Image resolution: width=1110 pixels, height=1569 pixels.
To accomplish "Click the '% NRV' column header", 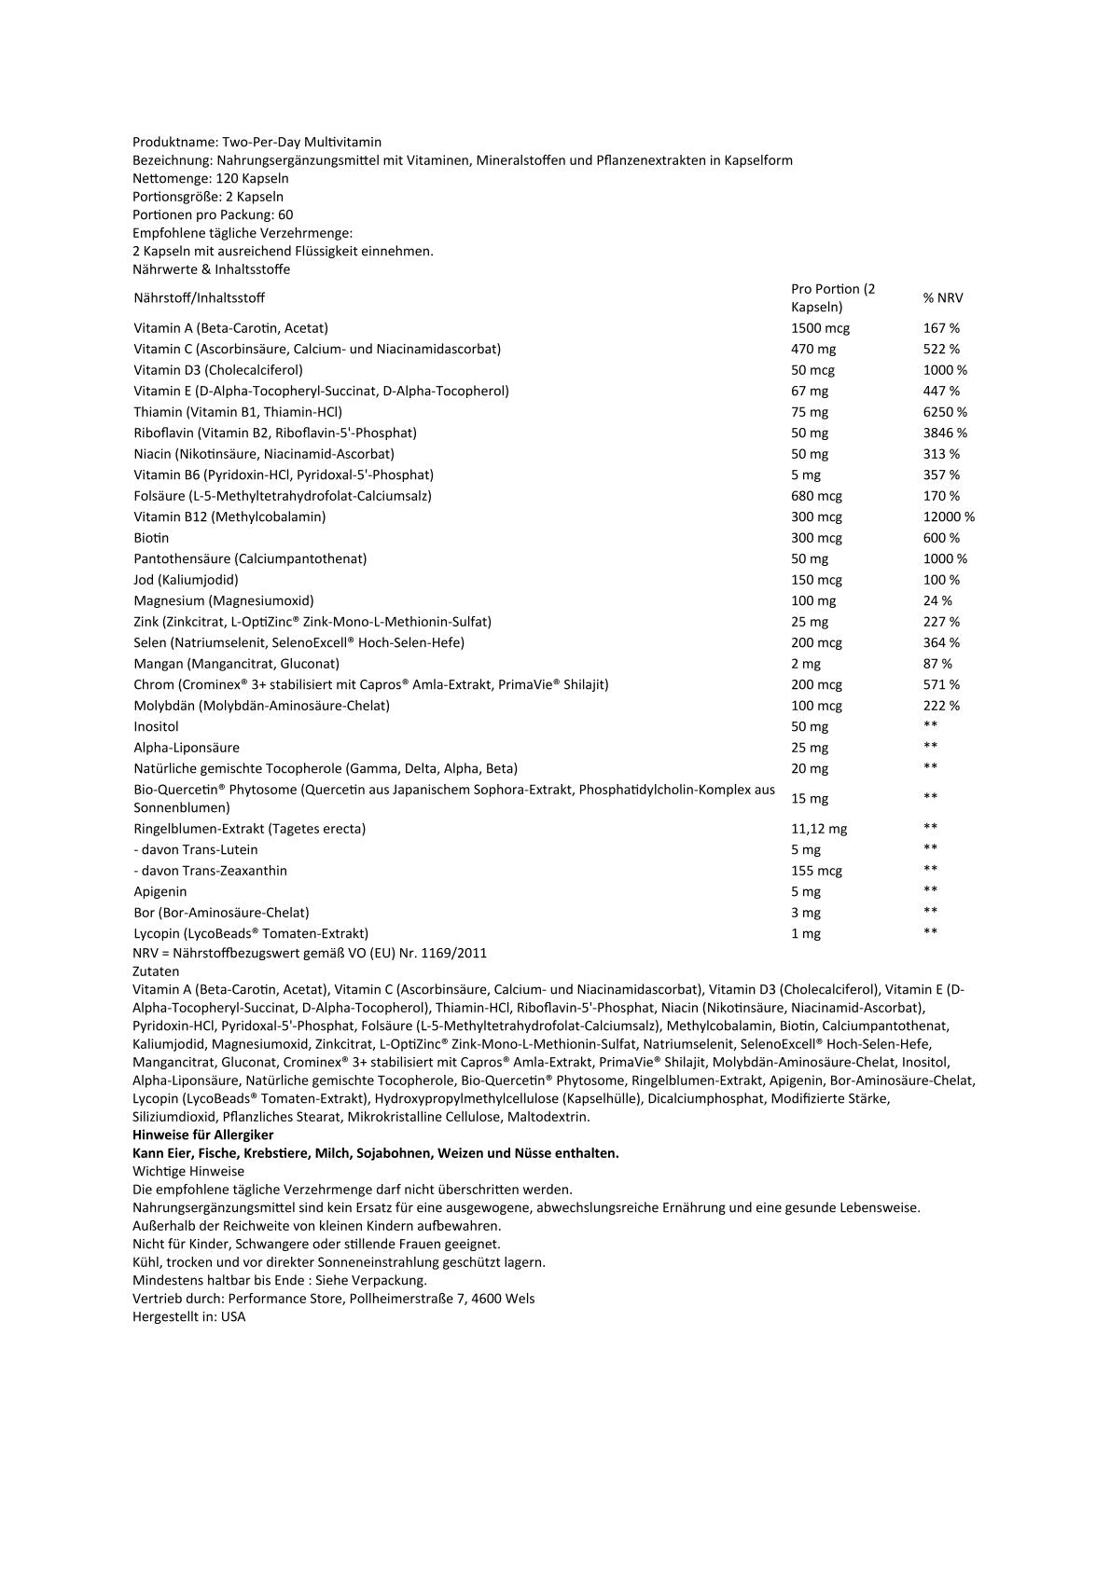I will click(943, 298).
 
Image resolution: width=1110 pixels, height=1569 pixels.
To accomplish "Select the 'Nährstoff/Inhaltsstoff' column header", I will click(199, 298).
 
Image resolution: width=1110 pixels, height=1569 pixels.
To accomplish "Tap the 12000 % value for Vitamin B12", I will click(949, 516).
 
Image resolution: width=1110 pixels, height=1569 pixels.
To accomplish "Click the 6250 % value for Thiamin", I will click(945, 412).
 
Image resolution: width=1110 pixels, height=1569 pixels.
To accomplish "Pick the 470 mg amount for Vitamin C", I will click(813, 349).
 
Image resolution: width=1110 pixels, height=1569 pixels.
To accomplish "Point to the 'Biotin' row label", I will click(151, 538).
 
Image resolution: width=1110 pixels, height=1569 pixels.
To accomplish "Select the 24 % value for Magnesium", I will click(937, 600).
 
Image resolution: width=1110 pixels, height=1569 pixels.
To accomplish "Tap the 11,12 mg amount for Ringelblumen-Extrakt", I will click(819, 829).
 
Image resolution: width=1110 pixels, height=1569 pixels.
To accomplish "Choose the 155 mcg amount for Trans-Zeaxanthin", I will click(816, 871).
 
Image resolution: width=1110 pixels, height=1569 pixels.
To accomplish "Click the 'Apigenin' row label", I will click(160, 891).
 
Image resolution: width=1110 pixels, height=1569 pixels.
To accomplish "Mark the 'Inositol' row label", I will click(156, 726).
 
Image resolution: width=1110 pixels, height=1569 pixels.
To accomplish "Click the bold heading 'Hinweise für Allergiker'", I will click(203, 1135).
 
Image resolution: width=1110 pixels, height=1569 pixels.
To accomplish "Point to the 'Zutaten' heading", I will click(156, 971).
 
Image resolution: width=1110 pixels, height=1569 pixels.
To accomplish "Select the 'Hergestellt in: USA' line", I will click(189, 1317).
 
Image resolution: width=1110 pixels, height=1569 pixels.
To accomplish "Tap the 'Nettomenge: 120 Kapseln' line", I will click(211, 178).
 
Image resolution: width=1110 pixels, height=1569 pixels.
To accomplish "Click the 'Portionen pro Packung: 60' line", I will click(213, 214).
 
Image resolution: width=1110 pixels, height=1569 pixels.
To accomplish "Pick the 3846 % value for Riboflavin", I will click(945, 433).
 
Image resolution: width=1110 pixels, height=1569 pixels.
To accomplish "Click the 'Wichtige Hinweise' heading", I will click(188, 1171).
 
